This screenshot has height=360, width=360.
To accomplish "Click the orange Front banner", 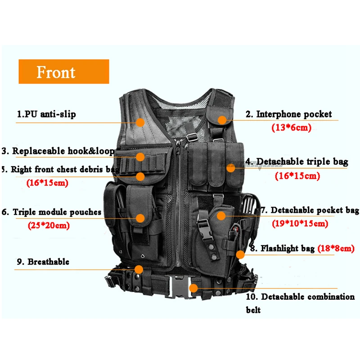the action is pos(63,72).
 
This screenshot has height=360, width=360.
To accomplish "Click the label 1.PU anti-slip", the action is pos(46,114).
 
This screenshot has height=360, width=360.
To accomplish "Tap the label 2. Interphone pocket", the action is pos(288,114).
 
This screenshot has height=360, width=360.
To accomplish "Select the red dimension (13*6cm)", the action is pos(291,128).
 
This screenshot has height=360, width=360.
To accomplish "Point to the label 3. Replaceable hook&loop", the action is pos(58,151).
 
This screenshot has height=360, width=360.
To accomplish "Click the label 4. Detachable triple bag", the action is pos(297,162).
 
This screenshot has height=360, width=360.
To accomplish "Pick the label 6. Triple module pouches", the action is pos(52,212).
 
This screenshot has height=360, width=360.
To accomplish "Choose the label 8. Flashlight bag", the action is pos(283,248).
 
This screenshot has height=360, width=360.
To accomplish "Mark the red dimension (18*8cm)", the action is pos(336,248).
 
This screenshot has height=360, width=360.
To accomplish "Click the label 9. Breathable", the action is pos(42,261).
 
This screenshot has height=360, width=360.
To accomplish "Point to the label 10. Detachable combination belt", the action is pos(300,303).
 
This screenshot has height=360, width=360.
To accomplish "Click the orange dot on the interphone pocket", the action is pos(222,120).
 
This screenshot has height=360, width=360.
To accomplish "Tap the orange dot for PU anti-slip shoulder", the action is pos(140,122).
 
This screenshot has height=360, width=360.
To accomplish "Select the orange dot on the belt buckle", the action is pos(193,288).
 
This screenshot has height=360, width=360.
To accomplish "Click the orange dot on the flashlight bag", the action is pos(240,254).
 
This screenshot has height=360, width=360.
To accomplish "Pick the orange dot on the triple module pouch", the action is pos(140,218).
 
